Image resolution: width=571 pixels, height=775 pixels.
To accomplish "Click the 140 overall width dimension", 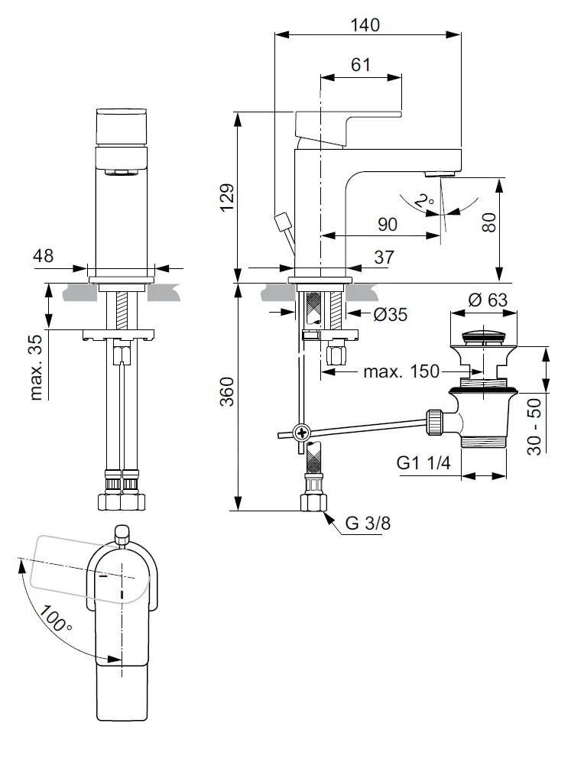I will coord(365,24).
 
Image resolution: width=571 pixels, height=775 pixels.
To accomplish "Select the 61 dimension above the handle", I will coord(360,65).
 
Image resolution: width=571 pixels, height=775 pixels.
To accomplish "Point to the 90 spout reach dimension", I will coord(388,224).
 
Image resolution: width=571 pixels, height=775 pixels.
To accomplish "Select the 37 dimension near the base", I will coord(384,258).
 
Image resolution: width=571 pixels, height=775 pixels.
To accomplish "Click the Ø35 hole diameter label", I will coord(391,313).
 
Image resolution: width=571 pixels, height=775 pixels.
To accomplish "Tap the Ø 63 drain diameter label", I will coord(487,300).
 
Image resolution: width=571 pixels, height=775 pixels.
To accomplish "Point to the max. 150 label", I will coord(401,371).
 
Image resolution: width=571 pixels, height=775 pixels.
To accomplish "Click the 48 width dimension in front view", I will coord(44,256).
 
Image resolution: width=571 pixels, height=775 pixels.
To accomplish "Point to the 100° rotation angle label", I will coord(57,617).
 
